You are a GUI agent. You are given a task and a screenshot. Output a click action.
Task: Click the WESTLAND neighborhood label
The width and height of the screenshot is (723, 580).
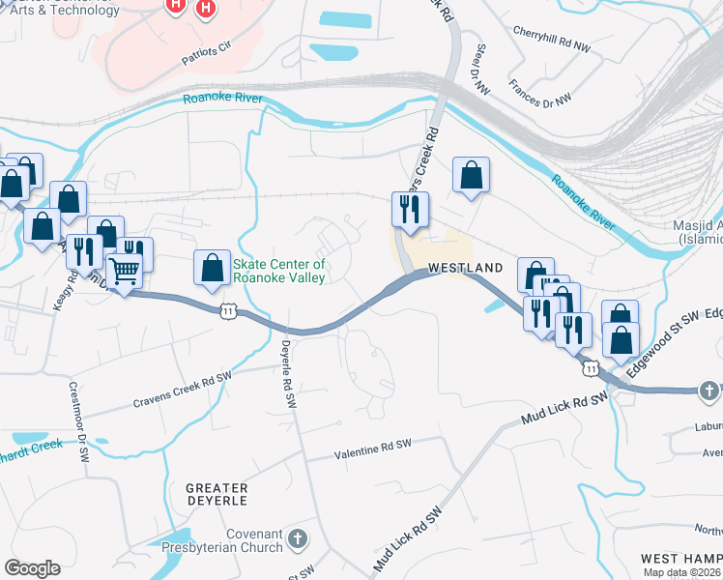465,267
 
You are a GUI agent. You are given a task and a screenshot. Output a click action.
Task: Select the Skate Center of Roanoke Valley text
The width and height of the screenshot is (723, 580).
277,271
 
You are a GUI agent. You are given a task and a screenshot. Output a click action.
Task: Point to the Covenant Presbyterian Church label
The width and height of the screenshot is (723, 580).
253,540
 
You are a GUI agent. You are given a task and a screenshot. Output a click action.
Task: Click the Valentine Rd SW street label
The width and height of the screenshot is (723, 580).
372,449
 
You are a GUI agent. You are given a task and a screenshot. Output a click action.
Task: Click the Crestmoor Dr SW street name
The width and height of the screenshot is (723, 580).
78,415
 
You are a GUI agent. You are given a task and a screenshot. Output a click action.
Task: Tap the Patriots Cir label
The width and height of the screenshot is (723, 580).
208,52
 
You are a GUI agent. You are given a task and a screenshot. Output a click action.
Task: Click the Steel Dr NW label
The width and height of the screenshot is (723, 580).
480,71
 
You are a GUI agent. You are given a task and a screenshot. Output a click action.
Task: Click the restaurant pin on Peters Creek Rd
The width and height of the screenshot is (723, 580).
409,210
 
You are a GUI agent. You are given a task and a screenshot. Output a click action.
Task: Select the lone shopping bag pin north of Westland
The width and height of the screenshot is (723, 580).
471,176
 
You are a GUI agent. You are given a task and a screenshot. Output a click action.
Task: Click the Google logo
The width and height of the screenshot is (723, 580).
32,568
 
